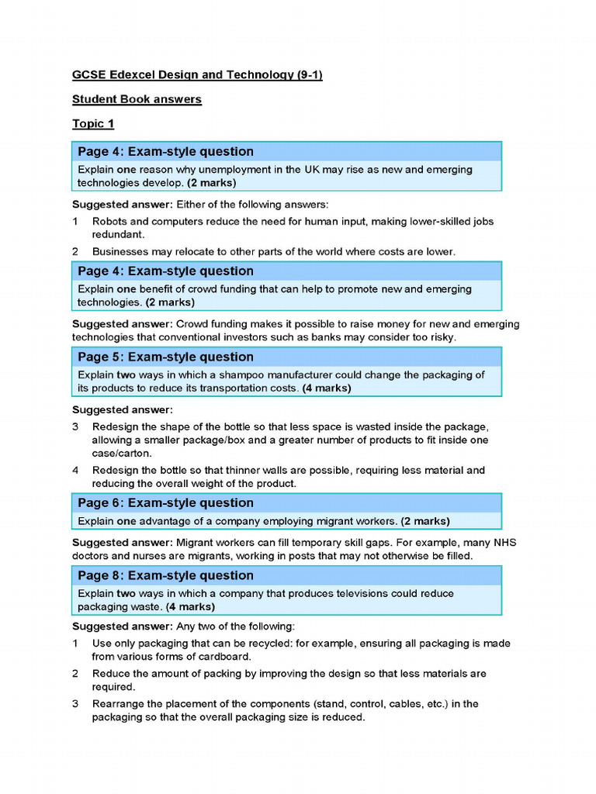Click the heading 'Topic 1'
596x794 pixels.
(93, 124)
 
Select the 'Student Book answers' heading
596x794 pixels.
(137, 99)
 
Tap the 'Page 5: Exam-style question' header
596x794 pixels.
(165, 357)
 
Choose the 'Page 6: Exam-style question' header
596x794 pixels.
(165, 503)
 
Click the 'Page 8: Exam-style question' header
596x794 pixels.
(165, 575)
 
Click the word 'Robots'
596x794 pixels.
(111, 221)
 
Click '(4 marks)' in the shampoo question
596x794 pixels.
(326, 388)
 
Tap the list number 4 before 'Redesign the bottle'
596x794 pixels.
(76, 470)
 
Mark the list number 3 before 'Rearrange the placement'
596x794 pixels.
(76, 704)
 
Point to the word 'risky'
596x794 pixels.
(439, 337)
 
